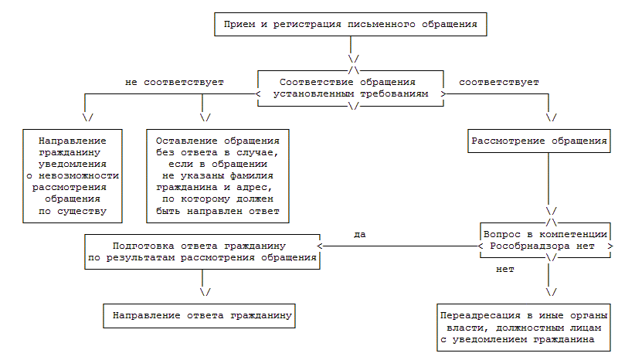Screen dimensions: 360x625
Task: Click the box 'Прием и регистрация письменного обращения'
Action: (x=351, y=25)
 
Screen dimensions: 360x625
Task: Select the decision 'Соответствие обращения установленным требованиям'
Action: (x=352, y=87)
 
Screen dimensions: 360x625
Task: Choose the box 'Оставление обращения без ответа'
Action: (x=218, y=175)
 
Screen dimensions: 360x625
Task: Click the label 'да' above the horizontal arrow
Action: (x=359, y=233)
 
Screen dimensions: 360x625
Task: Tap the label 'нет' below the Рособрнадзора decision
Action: (x=505, y=270)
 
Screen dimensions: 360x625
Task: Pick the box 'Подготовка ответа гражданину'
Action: (x=203, y=251)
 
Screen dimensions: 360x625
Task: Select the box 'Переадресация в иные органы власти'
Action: (x=523, y=328)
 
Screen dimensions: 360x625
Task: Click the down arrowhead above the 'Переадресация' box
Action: (x=551, y=292)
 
